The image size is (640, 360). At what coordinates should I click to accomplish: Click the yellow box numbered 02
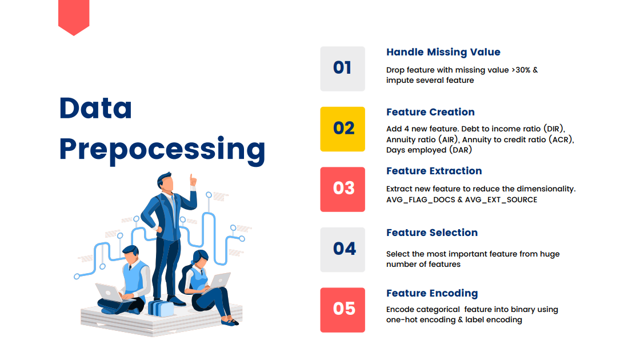[x=342, y=129]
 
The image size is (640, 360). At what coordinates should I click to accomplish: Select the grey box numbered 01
[x=342, y=69]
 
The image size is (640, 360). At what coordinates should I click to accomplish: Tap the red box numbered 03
[x=342, y=189]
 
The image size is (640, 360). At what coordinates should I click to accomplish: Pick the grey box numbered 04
[x=342, y=250]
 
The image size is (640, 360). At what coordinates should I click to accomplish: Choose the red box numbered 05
[x=342, y=310]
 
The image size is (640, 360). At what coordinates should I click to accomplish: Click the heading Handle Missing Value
[x=443, y=52]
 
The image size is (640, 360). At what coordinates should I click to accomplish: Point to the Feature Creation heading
[x=430, y=112]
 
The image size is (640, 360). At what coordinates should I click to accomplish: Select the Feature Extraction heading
[x=434, y=171]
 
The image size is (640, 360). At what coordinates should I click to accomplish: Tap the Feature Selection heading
[x=432, y=232]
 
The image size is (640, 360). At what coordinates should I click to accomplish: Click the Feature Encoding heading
[x=432, y=294]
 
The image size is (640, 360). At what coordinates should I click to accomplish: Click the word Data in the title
[x=95, y=108]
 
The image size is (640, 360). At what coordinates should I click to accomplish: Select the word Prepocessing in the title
[x=162, y=150]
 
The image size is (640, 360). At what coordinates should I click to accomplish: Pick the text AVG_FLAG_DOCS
[x=421, y=200]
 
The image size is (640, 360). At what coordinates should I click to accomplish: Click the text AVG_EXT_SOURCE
[x=501, y=200]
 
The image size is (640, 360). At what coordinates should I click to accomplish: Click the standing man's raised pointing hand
[x=193, y=180]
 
